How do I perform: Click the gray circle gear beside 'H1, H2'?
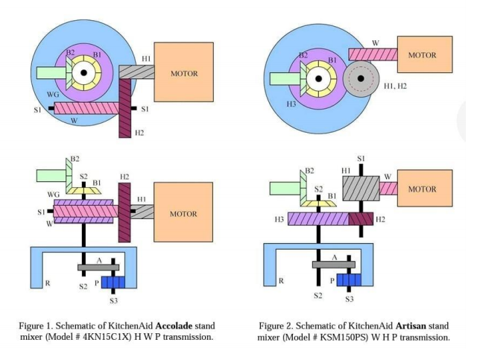point(361,78)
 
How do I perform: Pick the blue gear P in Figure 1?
point(113,282)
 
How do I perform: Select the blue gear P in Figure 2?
point(348,280)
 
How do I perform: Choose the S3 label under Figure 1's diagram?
point(113,300)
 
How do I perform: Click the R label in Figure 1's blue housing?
point(47,283)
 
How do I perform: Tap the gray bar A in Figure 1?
point(98,268)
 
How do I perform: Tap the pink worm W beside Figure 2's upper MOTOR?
point(372,54)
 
